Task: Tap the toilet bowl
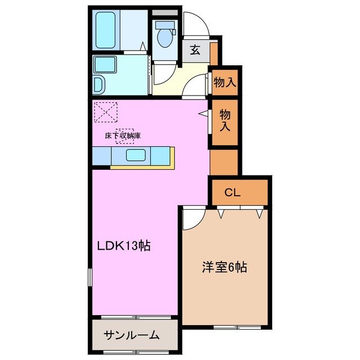coord(164,38)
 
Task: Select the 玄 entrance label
coord(195,50)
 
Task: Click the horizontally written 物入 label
coord(224,82)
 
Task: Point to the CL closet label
coord(233,192)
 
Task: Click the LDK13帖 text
coord(124,246)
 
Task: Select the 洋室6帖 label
coord(224,267)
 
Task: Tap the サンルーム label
coord(132,336)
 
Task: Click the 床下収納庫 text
coord(122,136)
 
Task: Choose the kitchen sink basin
coord(136,155)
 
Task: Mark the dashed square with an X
coord(105,111)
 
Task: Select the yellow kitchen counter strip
coord(144,166)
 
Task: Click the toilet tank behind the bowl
coord(165,25)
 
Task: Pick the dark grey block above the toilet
coord(164,12)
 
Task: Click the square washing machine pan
coord(105,65)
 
